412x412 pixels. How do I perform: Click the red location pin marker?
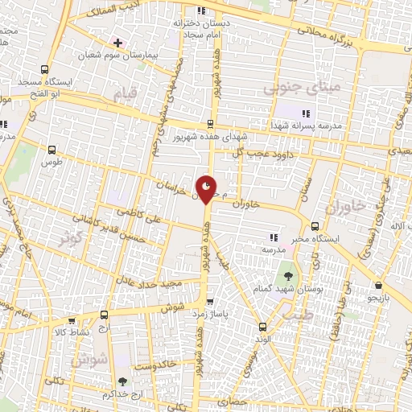tap(207, 189)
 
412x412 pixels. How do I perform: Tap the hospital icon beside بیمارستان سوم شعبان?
tap(118, 42)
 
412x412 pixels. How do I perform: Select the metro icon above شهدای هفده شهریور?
tap(209, 124)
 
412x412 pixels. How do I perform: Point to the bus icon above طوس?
tap(52, 149)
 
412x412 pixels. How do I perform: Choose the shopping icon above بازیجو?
tap(377, 286)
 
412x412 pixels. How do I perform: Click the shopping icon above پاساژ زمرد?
tap(210, 302)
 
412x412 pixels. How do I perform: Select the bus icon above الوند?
tap(262, 327)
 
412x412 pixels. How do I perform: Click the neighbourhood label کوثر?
tap(70, 237)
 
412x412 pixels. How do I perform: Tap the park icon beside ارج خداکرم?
tap(122, 382)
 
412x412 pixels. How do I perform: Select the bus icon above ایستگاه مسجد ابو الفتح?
tap(45, 69)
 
